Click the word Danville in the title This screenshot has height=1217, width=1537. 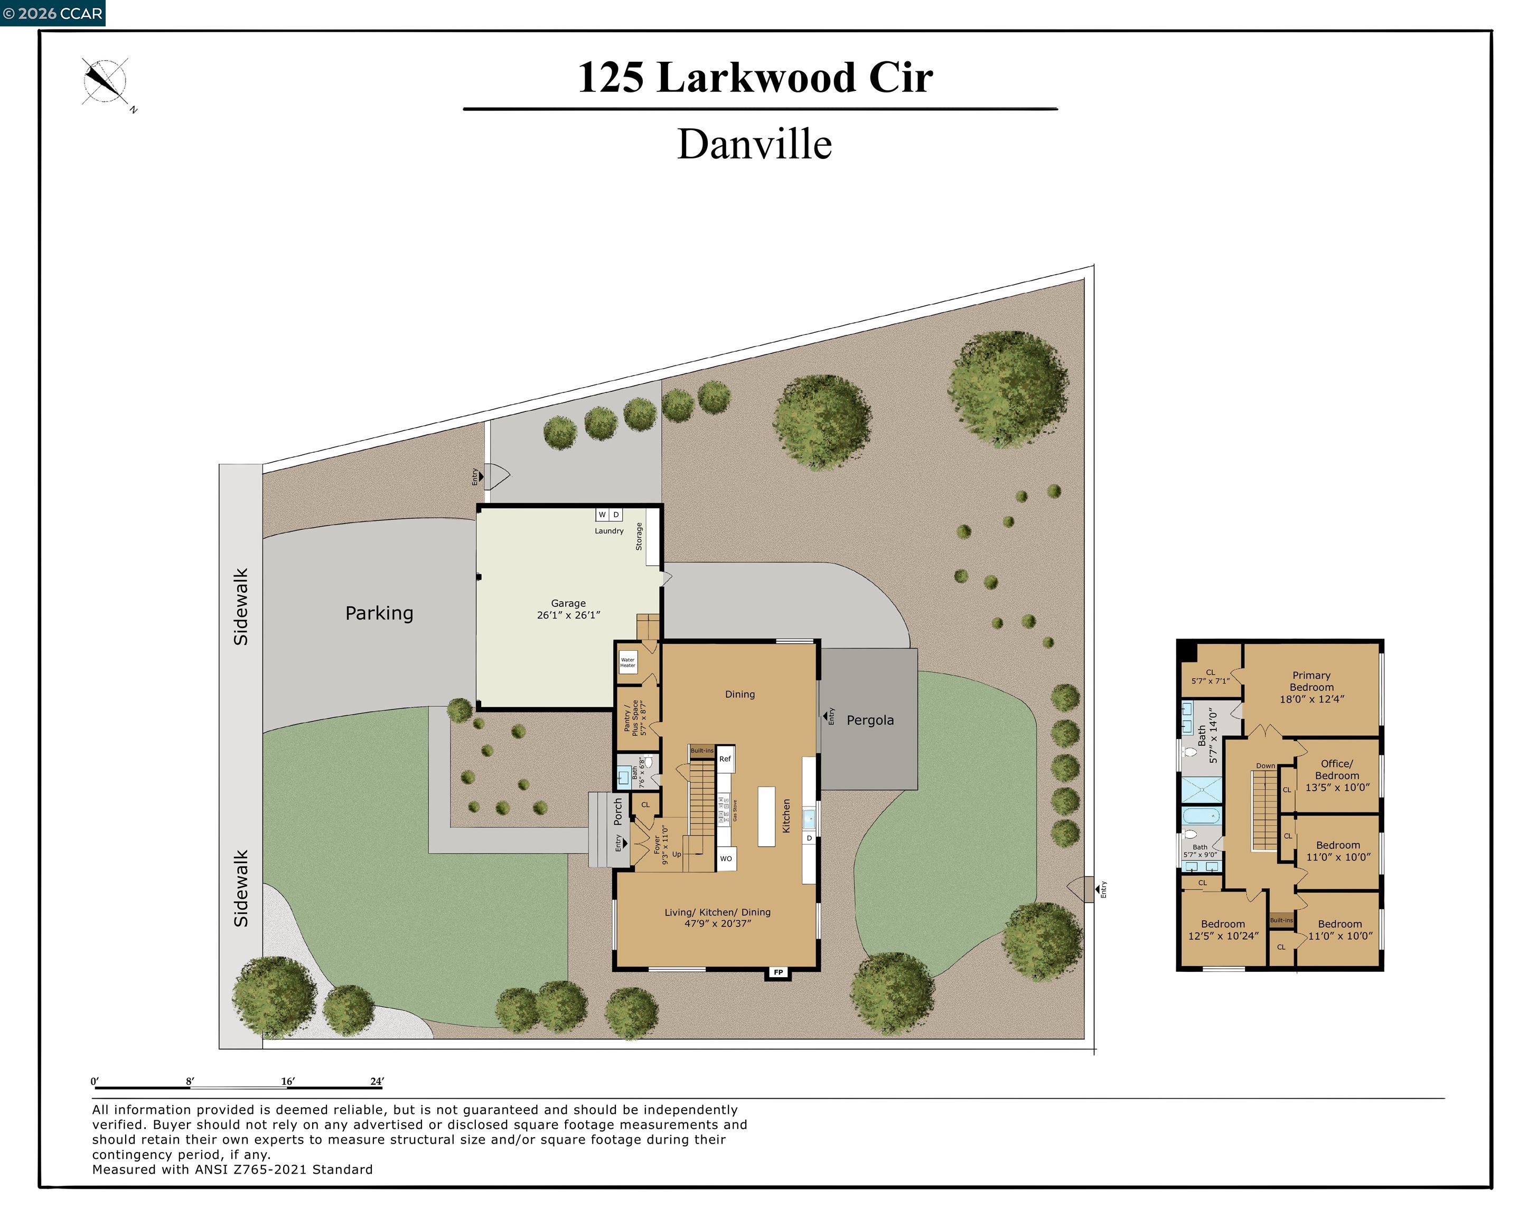[x=754, y=145]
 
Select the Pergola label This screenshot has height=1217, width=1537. [x=869, y=720]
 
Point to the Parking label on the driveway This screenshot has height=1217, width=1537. [x=379, y=613]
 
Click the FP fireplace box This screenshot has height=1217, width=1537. [x=778, y=972]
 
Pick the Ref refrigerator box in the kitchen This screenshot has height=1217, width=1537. [x=725, y=759]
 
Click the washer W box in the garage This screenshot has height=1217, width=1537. [x=602, y=514]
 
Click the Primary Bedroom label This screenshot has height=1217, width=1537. [x=1311, y=687]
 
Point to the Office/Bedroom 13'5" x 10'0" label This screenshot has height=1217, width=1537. [x=1337, y=775]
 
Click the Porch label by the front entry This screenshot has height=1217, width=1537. [x=618, y=811]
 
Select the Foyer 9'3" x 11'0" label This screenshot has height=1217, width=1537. [x=661, y=845]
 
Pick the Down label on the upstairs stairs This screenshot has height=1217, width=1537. [x=1266, y=766]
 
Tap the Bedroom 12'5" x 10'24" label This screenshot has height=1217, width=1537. [x=1223, y=930]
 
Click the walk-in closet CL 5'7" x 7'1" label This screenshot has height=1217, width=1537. [x=1210, y=676]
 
